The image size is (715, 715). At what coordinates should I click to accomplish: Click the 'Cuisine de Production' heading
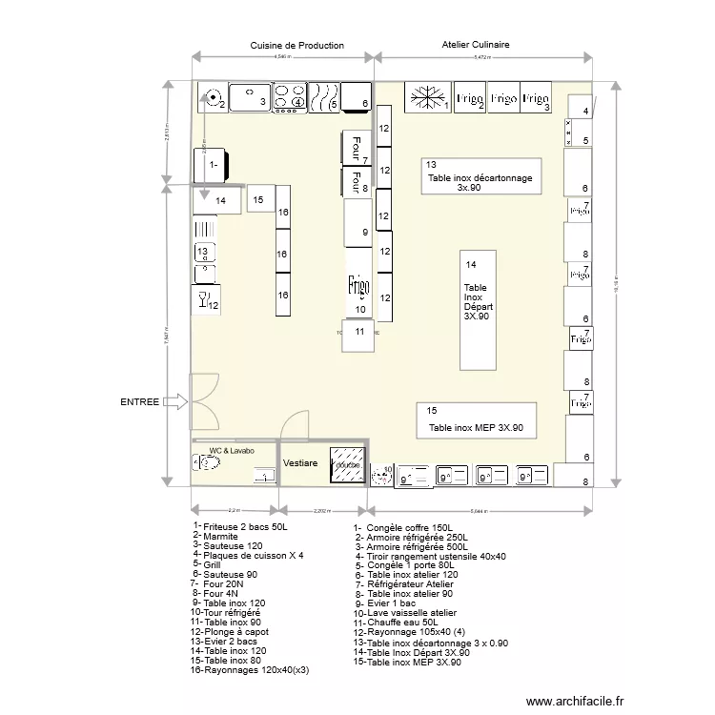click(296, 45)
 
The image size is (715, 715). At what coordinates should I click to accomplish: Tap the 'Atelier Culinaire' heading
click(475, 45)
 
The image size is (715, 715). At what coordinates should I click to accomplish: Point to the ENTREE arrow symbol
click(176, 402)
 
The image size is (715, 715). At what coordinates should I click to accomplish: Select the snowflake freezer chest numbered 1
click(427, 98)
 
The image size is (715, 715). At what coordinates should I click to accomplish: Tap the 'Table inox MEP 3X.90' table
click(477, 420)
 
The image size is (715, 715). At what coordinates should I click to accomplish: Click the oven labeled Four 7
click(356, 149)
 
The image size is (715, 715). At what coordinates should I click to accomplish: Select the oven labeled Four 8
click(356, 181)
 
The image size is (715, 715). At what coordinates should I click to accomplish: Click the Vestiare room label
click(300, 462)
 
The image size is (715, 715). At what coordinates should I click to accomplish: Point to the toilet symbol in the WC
click(207, 463)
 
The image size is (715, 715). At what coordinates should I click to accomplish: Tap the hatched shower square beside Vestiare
click(347, 464)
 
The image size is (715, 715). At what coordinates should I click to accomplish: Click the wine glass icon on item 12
click(202, 300)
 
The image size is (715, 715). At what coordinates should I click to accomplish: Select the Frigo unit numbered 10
click(357, 287)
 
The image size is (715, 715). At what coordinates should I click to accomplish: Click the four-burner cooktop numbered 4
click(290, 96)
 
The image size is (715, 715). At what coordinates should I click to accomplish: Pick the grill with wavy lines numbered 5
click(324, 96)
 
